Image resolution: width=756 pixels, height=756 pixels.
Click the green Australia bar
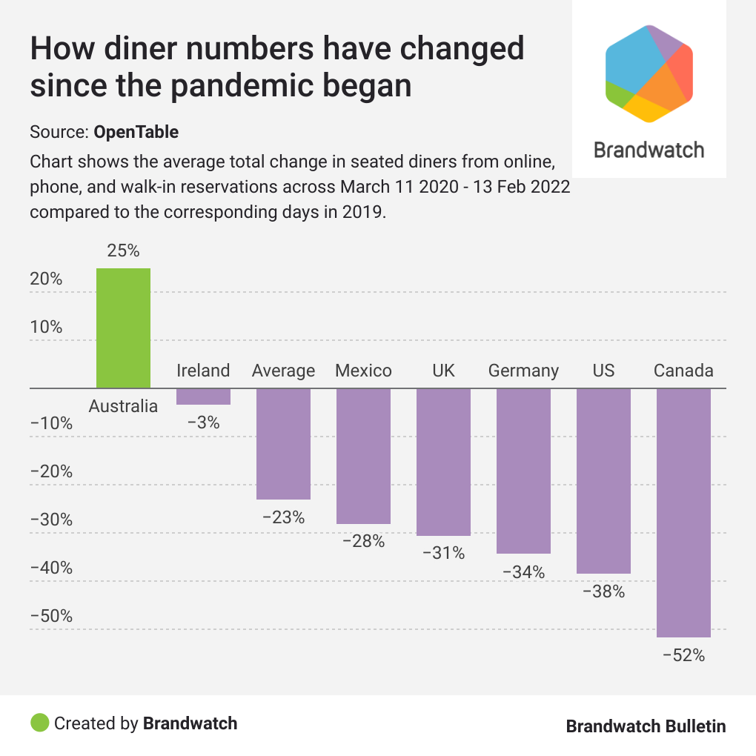pos(123,328)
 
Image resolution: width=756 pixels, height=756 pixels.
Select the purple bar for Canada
pos(683,512)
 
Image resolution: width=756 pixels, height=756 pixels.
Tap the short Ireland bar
pos(203,397)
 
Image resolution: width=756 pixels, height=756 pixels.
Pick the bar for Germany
pos(523,471)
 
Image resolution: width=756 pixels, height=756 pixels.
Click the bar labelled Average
pos(283,443)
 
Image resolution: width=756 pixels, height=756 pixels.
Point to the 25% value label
pos(123,251)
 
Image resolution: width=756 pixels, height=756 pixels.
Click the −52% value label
pos(683,655)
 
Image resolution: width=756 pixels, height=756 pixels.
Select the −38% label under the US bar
pos(603,591)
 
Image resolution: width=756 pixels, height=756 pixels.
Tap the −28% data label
pos(363,541)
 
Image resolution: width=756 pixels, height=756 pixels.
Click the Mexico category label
pos(363,371)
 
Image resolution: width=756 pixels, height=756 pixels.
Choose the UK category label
pos(443,371)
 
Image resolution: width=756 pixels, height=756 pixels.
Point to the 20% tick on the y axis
pos(46,279)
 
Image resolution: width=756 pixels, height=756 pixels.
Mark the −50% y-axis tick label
pos(51,617)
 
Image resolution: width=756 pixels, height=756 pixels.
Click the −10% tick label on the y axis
pos(51,424)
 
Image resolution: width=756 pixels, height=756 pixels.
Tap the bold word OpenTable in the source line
pos(136,133)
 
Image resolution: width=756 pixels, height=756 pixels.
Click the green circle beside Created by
pos(40,723)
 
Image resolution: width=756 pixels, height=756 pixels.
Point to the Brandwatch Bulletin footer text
pos(646,726)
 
